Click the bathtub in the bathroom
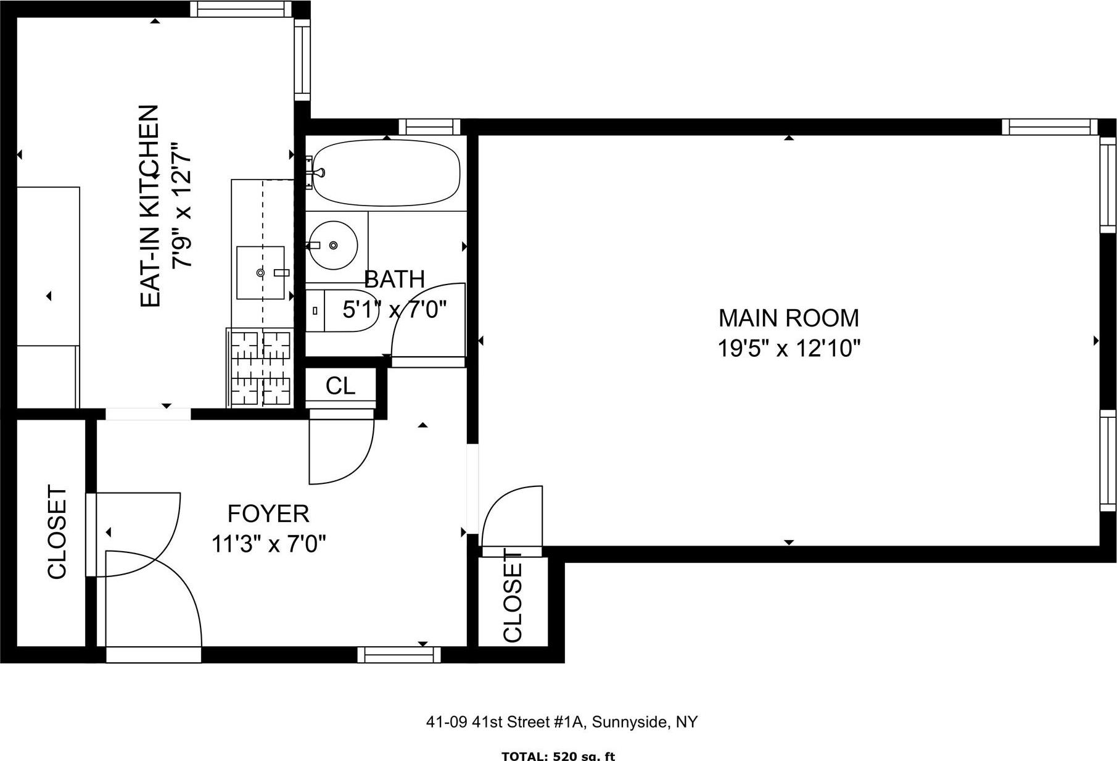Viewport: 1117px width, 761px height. tap(387, 173)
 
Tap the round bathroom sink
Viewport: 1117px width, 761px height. tap(333, 245)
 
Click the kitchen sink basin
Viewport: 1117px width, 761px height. tap(261, 272)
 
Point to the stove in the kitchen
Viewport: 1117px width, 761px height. tap(260, 368)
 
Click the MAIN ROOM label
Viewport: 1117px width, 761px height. tap(788, 318)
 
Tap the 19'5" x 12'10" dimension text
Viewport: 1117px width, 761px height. tap(788, 349)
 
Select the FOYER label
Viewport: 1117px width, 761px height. tap(268, 514)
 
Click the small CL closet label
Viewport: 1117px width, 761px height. tap(340, 386)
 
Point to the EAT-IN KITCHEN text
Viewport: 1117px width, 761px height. tap(150, 206)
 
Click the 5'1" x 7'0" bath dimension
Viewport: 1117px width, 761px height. tap(394, 309)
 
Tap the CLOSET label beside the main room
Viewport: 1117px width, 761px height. tap(513, 598)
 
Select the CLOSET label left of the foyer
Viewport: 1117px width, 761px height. tap(57, 533)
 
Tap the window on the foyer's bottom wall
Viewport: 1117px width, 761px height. tap(399, 655)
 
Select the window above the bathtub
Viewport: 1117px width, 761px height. tap(429, 127)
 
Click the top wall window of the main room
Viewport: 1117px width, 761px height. tap(1049, 127)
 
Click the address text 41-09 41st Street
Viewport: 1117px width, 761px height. tap(561, 721)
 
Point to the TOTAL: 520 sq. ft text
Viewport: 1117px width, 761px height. tap(558, 756)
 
